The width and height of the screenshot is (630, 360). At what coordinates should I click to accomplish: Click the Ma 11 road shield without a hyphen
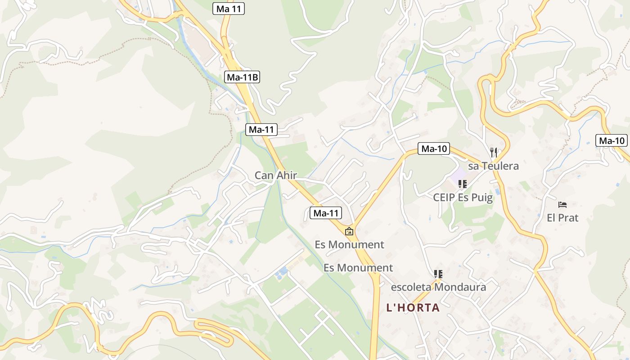pos(229,9)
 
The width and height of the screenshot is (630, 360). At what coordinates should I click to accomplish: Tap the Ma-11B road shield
pos(242,77)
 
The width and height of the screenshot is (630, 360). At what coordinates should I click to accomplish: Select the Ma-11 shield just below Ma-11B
pos(261,130)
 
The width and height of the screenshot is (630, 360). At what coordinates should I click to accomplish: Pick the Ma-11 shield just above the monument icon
pos(326,213)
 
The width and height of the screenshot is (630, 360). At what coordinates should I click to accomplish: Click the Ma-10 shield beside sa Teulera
pos(434,148)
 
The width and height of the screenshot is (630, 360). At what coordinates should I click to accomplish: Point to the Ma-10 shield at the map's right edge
pos(612,140)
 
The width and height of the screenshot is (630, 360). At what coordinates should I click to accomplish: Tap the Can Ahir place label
pos(276,175)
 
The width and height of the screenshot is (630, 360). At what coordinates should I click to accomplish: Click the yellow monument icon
pos(349,231)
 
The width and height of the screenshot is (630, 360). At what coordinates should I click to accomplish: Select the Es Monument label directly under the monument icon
pos(349,245)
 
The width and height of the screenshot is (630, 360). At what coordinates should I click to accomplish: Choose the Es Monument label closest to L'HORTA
pos(358,268)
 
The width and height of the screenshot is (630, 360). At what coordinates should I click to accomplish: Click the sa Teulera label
pos(493,166)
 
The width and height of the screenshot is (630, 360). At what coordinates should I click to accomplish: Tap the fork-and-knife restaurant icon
pos(494,153)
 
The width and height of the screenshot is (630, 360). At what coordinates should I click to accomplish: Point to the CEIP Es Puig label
pos(463,197)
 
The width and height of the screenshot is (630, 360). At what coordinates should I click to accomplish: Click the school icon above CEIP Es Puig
pos(463,184)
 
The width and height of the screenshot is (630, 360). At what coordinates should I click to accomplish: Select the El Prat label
pos(562,218)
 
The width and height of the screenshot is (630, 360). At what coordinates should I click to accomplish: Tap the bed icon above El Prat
pos(562,205)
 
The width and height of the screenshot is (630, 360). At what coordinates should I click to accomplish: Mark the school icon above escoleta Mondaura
pos(438,274)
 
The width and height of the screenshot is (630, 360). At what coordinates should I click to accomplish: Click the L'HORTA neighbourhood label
pos(413,308)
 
